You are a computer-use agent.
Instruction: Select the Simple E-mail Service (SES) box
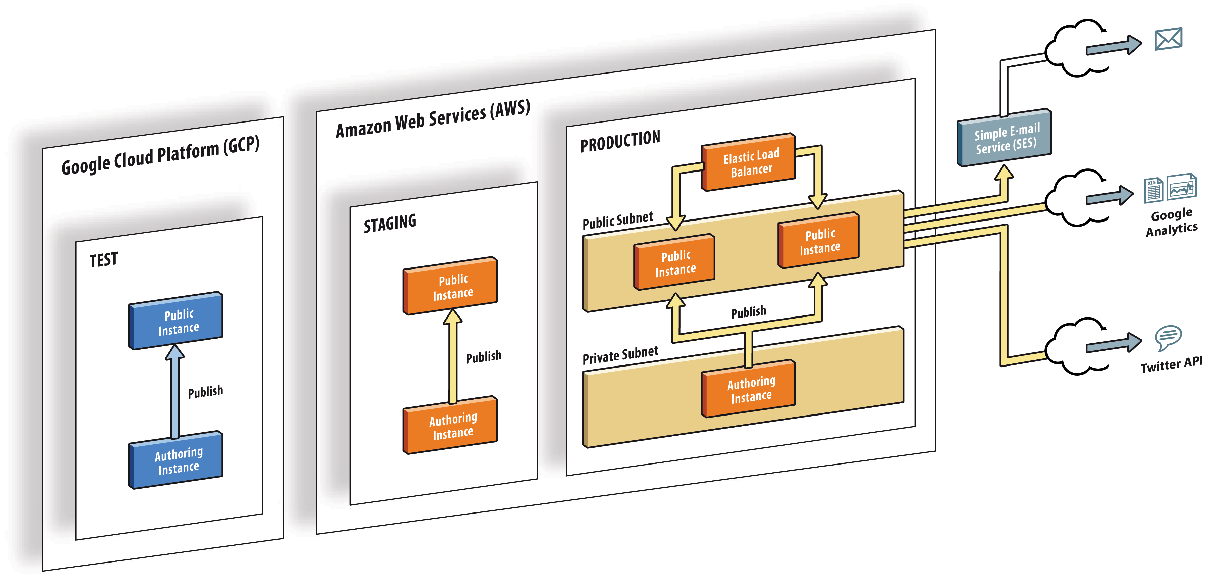(1004, 138)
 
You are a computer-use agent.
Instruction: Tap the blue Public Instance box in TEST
(176, 321)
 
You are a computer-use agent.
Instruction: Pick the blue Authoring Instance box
(176, 460)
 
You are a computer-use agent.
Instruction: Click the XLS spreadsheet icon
(1153, 190)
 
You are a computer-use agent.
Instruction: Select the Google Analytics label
(1171, 222)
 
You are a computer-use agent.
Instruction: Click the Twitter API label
(1171, 364)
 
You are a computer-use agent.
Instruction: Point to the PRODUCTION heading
(620, 141)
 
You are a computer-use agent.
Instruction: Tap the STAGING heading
(390, 223)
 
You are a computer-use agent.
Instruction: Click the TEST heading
(104, 260)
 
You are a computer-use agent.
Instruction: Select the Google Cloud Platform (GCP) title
(160, 155)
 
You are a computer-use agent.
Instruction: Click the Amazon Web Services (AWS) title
(433, 119)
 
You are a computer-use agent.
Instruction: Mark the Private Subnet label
(620, 355)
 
